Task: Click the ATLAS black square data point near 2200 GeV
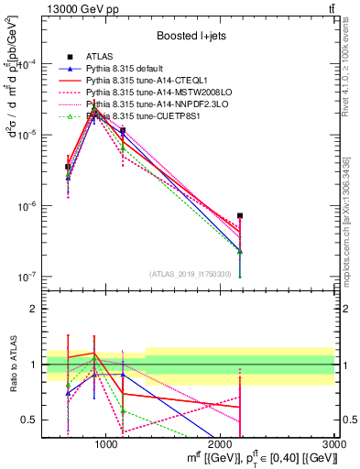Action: pyautogui.click(x=240, y=216)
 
